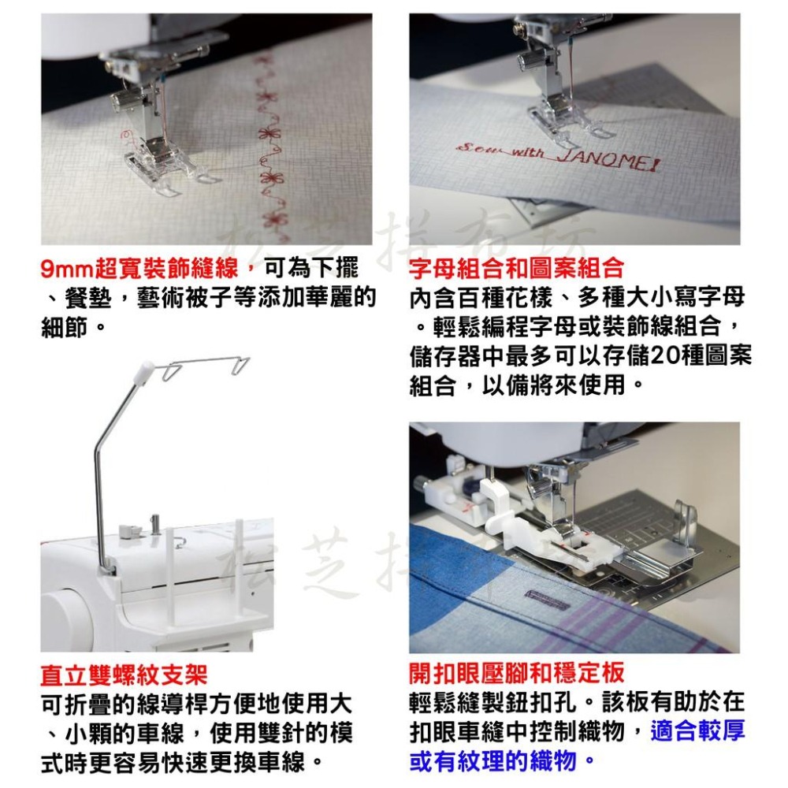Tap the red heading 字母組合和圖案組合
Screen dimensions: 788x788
(x=517, y=269)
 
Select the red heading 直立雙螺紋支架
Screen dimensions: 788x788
(x=124, y=675)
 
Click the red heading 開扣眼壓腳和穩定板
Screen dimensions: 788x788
(x=517, y=672)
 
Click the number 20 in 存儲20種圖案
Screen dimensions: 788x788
(x=666, y=355)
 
